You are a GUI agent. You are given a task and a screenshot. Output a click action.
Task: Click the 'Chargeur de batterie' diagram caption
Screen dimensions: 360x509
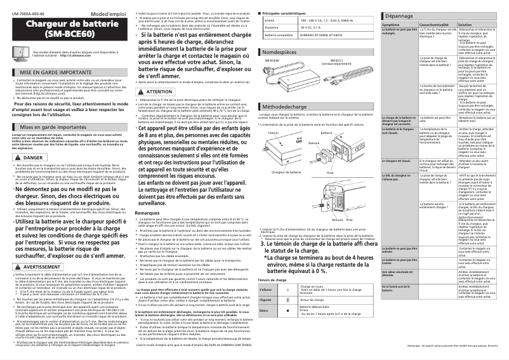[x=286, y=172]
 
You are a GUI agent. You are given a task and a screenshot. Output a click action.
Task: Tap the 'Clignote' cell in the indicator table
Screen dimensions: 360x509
[x=265, y=299]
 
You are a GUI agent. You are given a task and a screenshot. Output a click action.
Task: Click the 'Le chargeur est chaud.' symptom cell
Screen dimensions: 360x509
[x=398, y=161]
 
